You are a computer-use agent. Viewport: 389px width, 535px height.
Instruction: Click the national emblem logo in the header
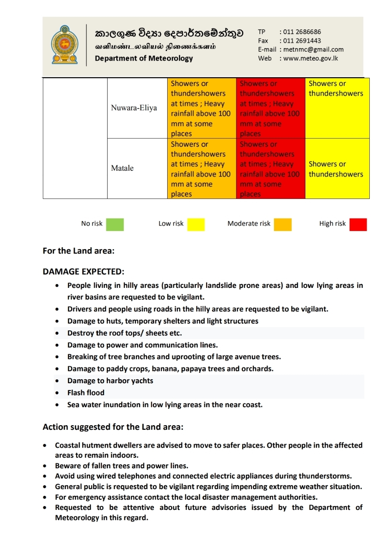point(65,45)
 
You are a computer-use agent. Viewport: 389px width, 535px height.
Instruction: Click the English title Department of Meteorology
point(144,58)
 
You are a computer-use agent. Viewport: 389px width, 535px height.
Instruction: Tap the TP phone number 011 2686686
point(302,32)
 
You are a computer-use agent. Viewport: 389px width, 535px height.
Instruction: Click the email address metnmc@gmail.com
point(313,49)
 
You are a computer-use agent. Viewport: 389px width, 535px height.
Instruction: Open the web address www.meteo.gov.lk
point(310,58)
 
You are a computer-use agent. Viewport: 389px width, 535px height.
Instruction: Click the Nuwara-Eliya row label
point(134,108)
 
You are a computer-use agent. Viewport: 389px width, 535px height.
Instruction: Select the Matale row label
point(122,168)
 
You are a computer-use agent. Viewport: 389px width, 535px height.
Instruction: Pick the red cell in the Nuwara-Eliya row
point(270,108)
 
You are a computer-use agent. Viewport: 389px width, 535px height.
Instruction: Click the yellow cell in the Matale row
point(337,169)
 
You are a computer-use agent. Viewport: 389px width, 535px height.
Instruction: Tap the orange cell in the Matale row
point(201,169)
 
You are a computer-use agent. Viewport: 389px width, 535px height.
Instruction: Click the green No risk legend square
point(115,224)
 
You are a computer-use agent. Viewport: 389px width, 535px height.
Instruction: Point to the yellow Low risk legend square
point(196,224)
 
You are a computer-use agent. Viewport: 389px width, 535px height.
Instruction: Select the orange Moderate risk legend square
point(283,224)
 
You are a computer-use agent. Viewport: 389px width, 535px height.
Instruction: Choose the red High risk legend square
point(358,224)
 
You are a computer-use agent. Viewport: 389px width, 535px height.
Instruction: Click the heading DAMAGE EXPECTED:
point(83,271)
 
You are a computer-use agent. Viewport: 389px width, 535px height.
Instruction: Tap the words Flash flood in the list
point(86,393)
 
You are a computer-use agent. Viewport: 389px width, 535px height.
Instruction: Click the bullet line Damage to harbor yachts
point(110,380)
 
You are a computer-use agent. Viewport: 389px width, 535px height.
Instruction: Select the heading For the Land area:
point(79,251)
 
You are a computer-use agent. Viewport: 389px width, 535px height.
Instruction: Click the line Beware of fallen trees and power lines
point(122,466)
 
